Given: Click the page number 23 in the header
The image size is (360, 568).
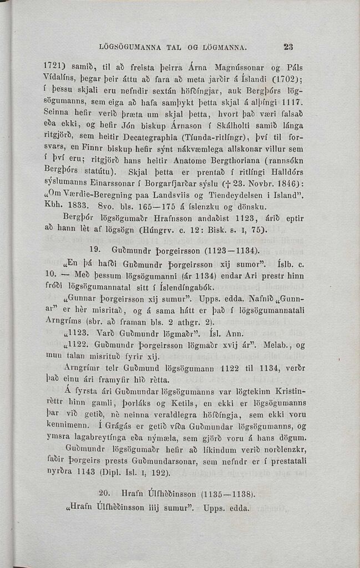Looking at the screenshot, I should [288, 47].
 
